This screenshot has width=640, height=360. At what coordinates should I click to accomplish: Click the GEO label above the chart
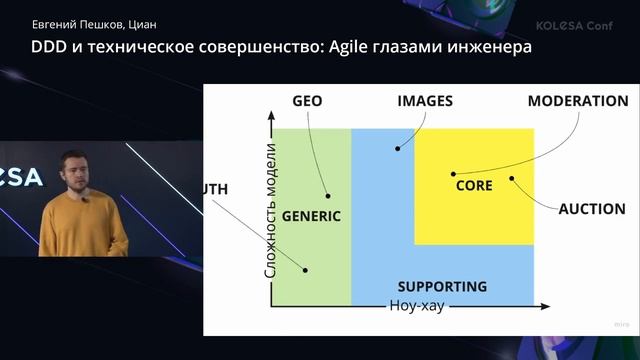pyautogui.click(x=307, y=101)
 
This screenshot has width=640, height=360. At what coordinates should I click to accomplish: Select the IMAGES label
pyautogui.click(x=425, y=101)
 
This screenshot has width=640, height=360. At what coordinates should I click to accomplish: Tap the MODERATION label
pyautogui.click(x=578, y=101)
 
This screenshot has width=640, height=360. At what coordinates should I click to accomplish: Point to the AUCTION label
pyautogui.click(x=590, y=210)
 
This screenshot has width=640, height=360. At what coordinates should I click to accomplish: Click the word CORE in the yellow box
pyautogui.click(x=474, y=186)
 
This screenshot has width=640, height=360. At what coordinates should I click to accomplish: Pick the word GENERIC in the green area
pyautogui.click(x=311, y=216)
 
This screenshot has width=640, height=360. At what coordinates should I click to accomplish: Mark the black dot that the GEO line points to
pyautogui.click(x=327, y=196)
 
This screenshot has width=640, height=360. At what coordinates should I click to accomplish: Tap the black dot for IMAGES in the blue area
pyautogui.click(x=397, y=149)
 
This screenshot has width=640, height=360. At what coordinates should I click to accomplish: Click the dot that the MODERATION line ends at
pyautogui.click(x=453, y=173)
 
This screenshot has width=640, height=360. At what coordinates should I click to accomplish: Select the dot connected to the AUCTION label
pyautogui.click(x=511, y=180)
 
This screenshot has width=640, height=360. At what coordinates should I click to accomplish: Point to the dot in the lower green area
pyautogui.click(x=306, y=269)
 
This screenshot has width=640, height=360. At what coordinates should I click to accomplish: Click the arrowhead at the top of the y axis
pyautogui.click(x=270, y=119)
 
